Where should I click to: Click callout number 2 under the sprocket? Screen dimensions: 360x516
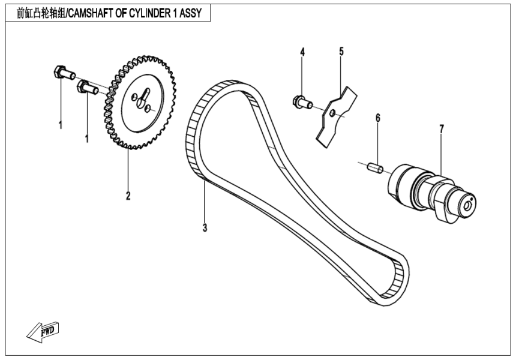tap(128, 196)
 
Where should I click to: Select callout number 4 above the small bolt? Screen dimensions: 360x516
tap(302, 52)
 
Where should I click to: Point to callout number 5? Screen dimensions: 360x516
tap(341, 52)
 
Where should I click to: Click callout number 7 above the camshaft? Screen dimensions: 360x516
tap(441, 129)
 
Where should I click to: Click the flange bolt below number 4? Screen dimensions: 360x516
tap(300, 102)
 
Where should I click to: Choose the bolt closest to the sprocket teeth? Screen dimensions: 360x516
tap(88, 88)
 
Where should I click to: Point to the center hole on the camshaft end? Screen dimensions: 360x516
tap(469, 204)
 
